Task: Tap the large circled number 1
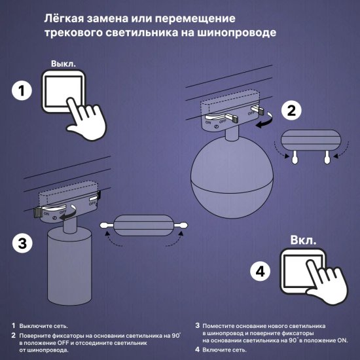22,92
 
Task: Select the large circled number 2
290,111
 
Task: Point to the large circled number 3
22,243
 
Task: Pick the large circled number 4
261,271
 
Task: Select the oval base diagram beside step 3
144,226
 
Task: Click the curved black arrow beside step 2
266,122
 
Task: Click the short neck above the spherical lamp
232,137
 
